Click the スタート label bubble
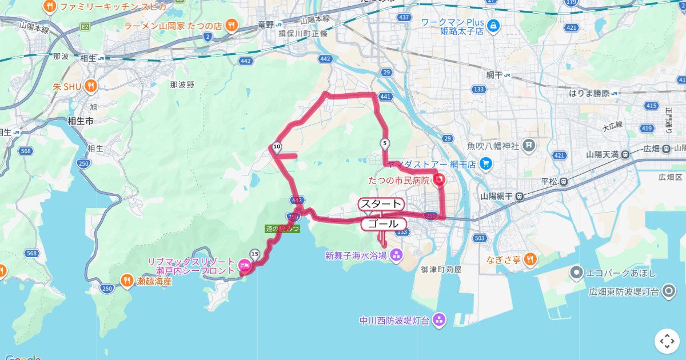point(381,204)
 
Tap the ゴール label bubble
point(383,224)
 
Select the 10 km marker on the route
point(277,147)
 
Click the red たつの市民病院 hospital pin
point(440,181)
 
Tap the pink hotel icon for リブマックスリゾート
point(244,266)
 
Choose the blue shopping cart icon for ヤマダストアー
point(486,164)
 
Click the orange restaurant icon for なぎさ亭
point(530,259)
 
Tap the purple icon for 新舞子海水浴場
point(397,255)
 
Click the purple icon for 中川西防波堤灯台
point(439,319)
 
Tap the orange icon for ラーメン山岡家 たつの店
point(232,25)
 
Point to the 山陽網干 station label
point(495,196)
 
